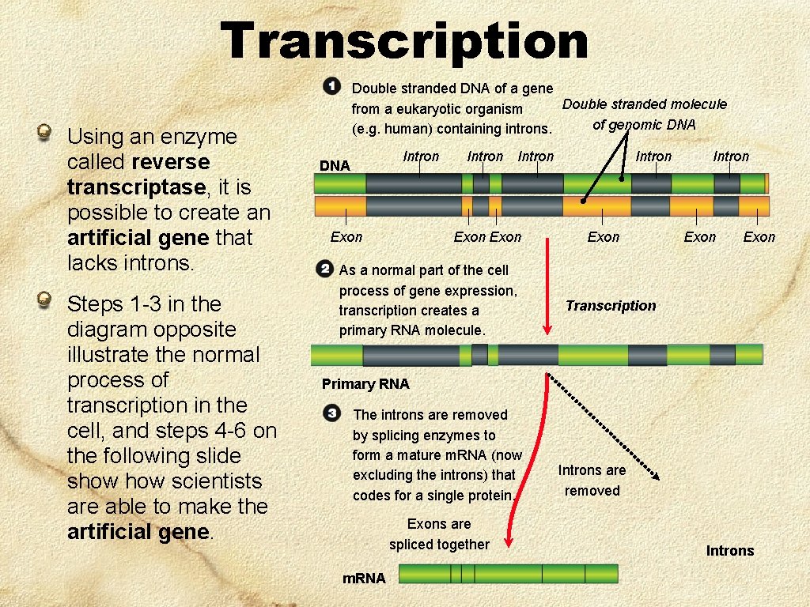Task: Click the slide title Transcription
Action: [404, 40]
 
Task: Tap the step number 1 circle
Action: [331, 86]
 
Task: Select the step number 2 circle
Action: [324, 269]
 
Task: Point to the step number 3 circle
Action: [332, 413]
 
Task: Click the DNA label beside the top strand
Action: [334, 165]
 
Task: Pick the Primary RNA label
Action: [365, 384]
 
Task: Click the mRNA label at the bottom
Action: [364, 579]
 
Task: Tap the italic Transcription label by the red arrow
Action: [611, 306]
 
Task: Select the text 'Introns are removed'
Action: [592, 481]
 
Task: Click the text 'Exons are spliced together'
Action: [439, 534]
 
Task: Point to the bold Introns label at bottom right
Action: [730, 551]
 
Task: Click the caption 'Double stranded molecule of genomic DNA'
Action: [644, 114]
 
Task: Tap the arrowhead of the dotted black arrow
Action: [656, 476]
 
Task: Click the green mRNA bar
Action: [508, 574]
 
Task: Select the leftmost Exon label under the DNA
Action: [346, 237]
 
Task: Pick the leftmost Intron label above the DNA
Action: [421, 156]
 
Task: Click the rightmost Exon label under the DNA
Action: [759, 237]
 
